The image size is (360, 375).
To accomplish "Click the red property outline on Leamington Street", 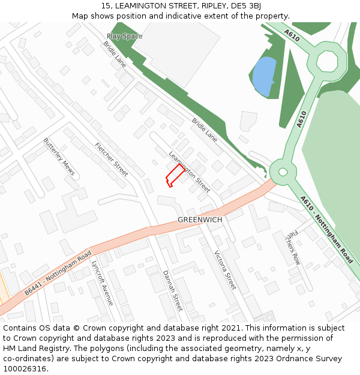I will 175,176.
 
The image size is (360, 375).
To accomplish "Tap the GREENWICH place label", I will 200,220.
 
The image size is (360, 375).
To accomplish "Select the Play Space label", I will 125,36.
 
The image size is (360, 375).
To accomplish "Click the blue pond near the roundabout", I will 265,76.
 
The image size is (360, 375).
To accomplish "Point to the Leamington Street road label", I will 190,172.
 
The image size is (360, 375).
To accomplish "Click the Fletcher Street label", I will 112,160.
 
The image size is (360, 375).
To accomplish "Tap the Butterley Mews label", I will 59,157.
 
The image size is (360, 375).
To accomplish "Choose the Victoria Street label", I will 226,269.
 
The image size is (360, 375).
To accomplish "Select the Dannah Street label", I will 172,290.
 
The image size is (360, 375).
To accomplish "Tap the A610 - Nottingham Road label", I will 326,230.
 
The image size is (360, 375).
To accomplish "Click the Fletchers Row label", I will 292,246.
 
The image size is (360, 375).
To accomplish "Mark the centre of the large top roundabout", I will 327,61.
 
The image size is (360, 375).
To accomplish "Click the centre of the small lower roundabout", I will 282,172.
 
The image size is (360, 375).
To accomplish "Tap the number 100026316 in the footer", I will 25,368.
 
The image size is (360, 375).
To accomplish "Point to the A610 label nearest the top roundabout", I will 292,37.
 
